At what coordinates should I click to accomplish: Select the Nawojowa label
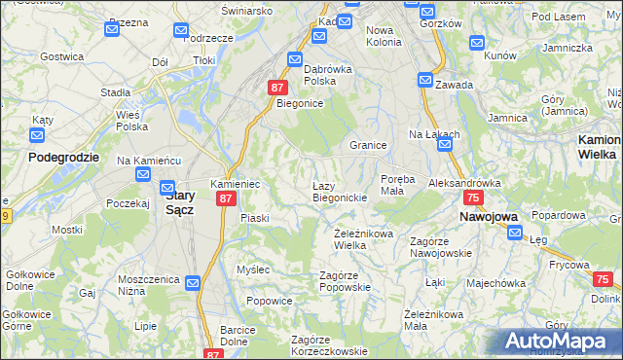pyautogui.click(x=489, y=217)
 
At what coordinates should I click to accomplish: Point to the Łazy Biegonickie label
pyautogui.click(x=339, y=191)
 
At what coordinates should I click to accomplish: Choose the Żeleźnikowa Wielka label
pyautogui.click(x=363, y=239)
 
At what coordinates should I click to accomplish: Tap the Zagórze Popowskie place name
pyautogui.click(x=347, y=282)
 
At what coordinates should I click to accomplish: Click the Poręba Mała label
pyautogui.click(x=398, y=185)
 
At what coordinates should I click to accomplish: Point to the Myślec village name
pyautogui.click(x=253, y=269)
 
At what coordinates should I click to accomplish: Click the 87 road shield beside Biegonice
pyautogui.click(x=276, y=88)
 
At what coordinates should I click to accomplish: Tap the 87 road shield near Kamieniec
pyautogui.click(x=226, y=198)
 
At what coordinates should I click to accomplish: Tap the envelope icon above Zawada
pyautogui.click(x=425, y=81)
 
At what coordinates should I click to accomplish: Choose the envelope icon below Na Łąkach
pyautogui.click(x=445, y=146)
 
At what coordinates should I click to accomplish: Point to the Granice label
pyautogui.click(x=369, y=145)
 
